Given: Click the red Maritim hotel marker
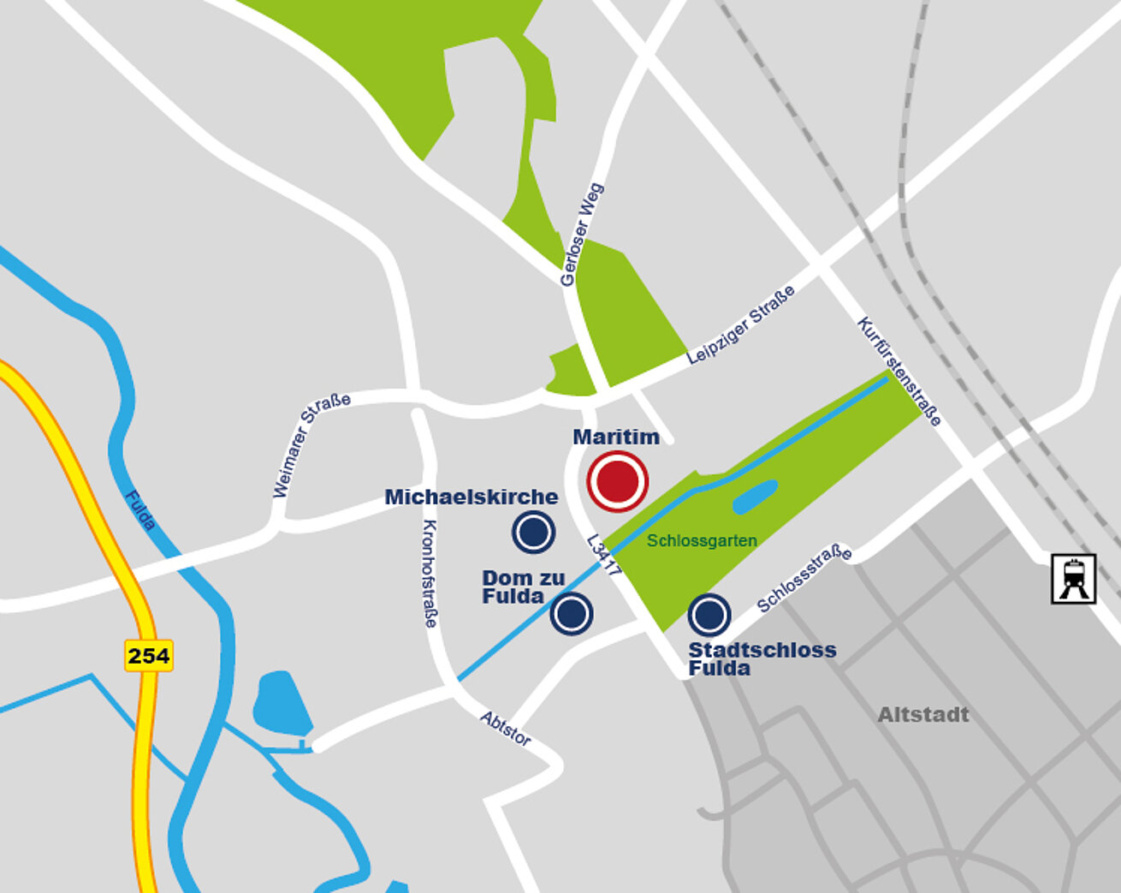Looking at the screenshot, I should coord(617,482).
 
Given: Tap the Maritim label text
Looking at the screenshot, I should coord(616,438).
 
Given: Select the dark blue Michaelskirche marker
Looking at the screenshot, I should coord(533,533).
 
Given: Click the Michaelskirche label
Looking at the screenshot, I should coord(472,497).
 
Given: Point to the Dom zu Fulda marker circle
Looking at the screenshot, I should coord(572,613).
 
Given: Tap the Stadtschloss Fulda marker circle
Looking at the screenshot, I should coord(709,614).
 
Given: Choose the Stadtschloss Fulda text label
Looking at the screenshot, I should coord(762,658).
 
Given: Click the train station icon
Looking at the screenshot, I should coord(1073,580).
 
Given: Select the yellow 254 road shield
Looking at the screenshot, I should coord(149,656).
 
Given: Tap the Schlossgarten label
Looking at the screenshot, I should coord(702,541).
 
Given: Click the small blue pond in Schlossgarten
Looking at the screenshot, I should coord(755,497).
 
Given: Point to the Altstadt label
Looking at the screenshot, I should coord(923,715).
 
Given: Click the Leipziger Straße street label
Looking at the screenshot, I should coord(741,325).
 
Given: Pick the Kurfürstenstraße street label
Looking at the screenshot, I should coord(899,372).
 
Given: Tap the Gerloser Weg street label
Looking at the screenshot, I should coord(582,235).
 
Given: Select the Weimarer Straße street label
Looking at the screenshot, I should coord(311,445).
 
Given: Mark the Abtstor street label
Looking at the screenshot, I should coord(505,729).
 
